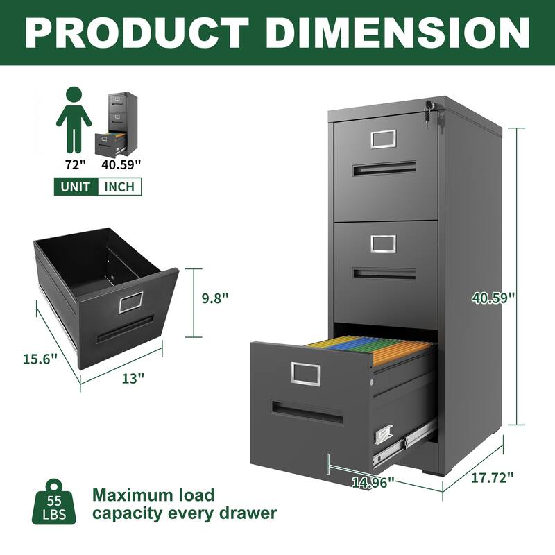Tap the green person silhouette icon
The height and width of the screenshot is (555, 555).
[74, 119]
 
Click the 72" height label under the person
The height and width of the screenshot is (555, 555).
[74, 164]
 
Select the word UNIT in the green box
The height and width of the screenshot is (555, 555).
[76, 187]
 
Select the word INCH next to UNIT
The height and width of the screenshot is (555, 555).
[119, 187]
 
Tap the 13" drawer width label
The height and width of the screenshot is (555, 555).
[135, 377]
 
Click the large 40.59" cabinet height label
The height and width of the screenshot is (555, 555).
[493, 298]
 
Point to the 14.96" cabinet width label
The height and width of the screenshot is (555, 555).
[372, 481]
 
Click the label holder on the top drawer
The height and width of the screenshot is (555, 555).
[382, 139]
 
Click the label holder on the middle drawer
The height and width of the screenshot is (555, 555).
[382, 243]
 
